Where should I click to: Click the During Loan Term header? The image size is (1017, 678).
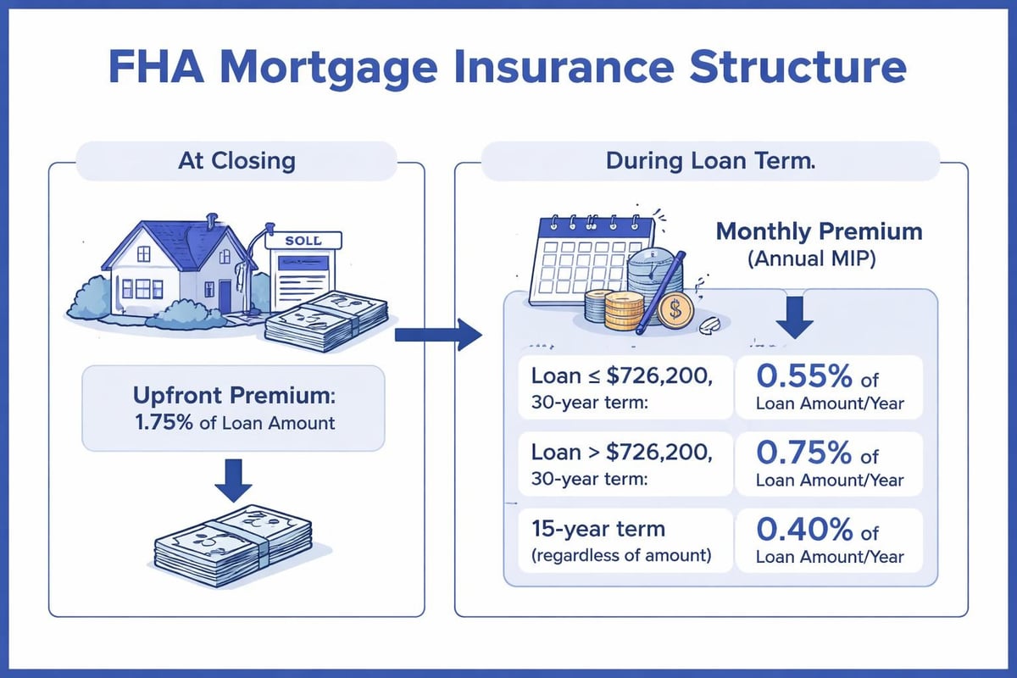[710, 161]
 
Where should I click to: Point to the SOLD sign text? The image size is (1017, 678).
[303, 241]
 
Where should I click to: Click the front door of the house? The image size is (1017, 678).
[225, 295]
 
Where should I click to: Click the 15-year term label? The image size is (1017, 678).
[597, 530]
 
